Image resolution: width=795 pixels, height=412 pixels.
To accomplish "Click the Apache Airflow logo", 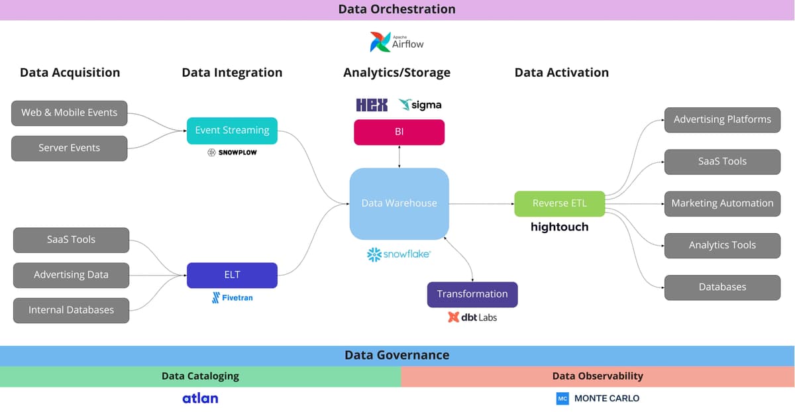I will coord(397,42).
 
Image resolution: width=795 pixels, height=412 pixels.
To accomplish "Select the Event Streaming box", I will coord(232,130).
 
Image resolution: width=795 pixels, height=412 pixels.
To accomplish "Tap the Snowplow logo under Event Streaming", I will coord(232,152).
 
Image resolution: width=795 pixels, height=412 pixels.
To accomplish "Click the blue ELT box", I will coord(232,275).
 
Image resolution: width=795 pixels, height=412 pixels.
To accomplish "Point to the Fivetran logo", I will coord(232,297).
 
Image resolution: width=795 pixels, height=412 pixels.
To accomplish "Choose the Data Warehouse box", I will coord(399,203).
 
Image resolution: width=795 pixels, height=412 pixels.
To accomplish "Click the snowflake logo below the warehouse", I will coord(399,254).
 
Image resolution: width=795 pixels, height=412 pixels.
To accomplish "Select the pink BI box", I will coord(399,132).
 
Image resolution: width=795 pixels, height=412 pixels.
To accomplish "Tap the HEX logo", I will coord(372,105).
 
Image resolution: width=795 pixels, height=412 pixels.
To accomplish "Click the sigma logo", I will coord(420,105).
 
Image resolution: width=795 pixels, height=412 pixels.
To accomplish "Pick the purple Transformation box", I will coord(472,294).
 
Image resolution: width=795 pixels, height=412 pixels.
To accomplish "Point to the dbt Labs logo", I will coord(472,317).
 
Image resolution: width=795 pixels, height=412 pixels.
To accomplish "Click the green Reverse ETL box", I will coord(559,203).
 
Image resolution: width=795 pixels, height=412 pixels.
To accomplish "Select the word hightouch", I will coord(559,227).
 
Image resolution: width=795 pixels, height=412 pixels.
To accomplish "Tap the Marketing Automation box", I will coord(722,203).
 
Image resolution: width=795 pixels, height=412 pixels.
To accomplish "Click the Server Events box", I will coord(69,148).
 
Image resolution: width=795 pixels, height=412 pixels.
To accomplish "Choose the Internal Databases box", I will coord(71,310).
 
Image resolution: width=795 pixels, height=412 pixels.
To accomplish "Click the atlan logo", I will coord(200,398).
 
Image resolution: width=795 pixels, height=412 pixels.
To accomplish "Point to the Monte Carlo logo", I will coord(598,398).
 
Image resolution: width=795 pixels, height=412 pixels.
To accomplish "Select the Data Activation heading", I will coord(561,73).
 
